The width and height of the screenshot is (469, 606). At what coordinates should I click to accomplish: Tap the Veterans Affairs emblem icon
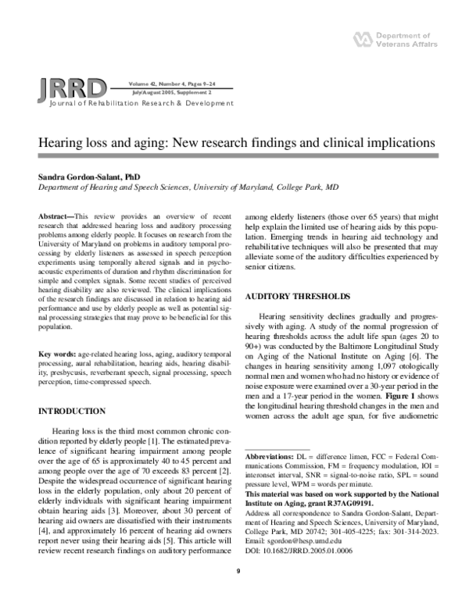pos(361,37)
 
